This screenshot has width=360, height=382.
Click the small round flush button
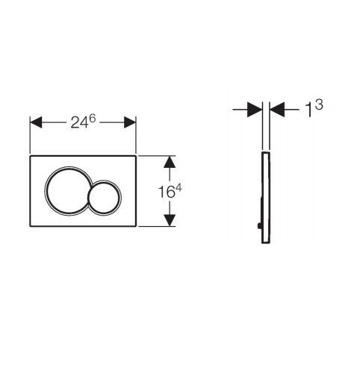[x=104, y=196]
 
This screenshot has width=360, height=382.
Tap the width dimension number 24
[x=78, y=123]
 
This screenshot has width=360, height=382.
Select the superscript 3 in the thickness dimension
[x=317, y=105]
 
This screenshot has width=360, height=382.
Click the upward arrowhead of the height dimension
[x=170, y=162]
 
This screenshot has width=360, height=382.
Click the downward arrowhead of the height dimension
[x=170, y=220]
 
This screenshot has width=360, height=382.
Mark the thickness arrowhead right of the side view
[x=276, y=109]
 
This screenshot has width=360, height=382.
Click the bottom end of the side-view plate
[x=264, y=242]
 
